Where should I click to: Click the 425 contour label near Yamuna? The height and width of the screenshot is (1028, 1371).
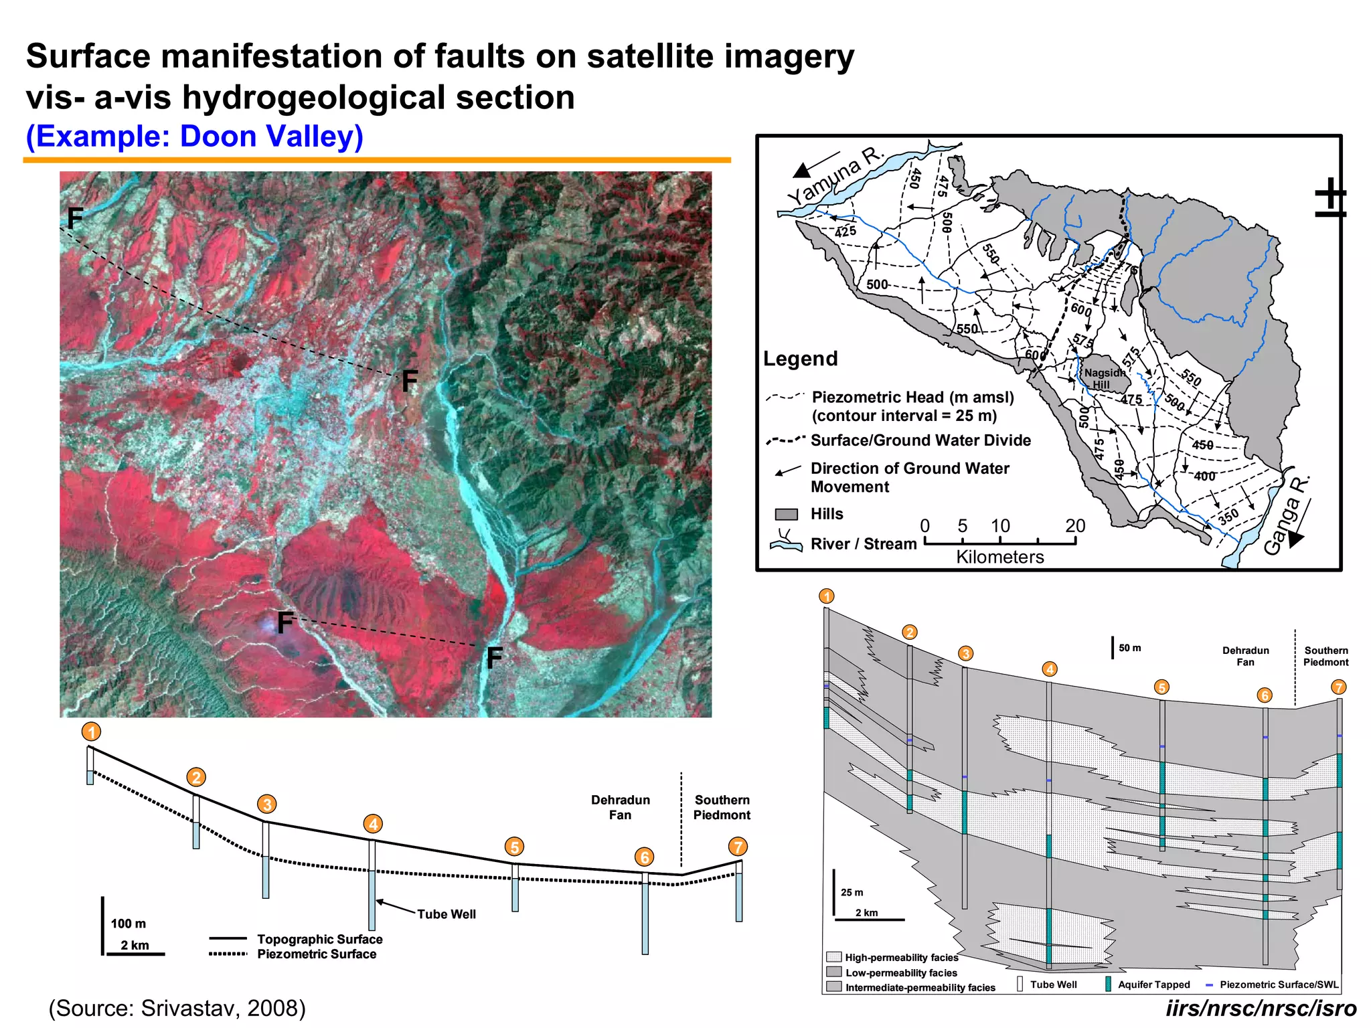click(845, 232)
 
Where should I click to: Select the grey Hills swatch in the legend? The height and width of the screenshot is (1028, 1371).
click(787, 514)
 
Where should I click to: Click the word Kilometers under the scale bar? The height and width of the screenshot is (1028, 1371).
click(999, 557)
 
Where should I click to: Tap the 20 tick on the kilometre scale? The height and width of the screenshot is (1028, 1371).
click(1075, 526)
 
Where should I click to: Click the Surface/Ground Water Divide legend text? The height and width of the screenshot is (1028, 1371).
click(920, 440)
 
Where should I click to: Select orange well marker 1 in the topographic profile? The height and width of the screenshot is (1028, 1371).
click(91, 732)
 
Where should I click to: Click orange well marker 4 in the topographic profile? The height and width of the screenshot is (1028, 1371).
click(373, 824)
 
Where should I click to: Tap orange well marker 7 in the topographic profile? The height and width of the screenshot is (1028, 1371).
click(738, 847)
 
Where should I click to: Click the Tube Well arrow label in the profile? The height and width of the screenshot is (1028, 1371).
click(446, 914)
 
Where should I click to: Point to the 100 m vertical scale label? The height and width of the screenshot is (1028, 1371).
click(129, 924)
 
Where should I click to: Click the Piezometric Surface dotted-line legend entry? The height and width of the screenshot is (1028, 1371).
click(316, 954)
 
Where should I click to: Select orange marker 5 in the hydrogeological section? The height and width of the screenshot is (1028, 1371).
click(1161, 687)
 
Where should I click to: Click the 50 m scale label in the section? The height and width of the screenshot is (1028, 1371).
click(1130, 648)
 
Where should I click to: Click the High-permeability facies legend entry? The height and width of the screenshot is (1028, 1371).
click(901, 958)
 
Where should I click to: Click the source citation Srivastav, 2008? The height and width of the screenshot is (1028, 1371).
click(177, 1008)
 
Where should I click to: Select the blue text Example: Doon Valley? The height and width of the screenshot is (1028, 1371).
click(195, 137)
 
